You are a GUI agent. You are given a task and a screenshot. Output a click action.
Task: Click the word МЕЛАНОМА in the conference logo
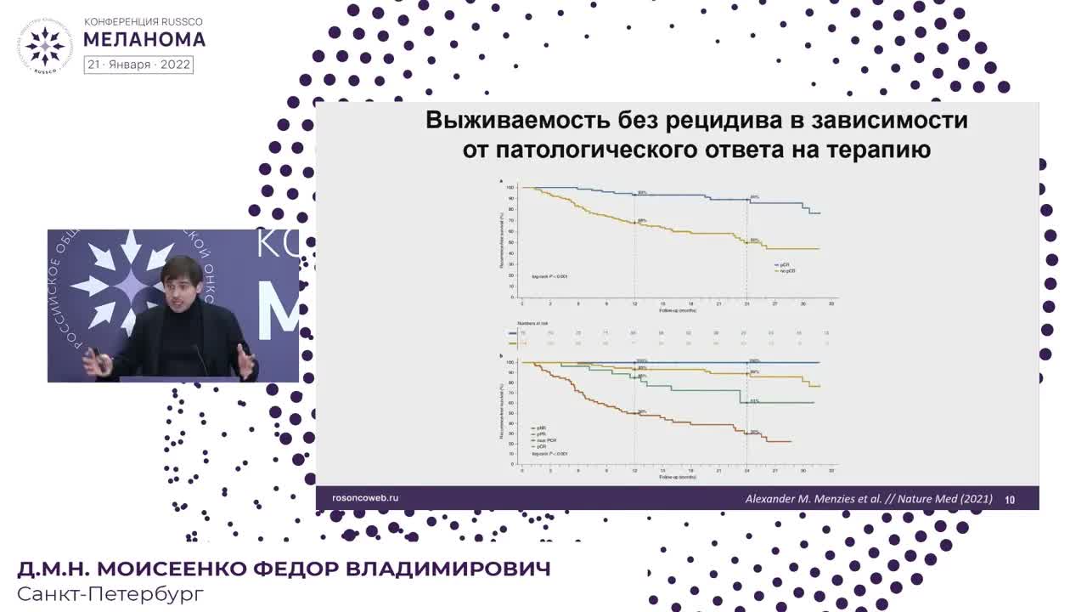(x=144, y=39)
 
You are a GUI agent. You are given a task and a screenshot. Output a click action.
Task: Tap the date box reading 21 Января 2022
(x=138, y=65)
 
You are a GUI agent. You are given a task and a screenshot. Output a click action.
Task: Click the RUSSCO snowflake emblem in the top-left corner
(x=44, y=43)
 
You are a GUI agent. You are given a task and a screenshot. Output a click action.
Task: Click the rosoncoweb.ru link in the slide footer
(x=364, y=498)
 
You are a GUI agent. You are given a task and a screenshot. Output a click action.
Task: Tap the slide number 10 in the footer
(x=1010, y=500)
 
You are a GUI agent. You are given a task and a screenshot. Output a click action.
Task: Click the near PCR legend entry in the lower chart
(x=544, y=440)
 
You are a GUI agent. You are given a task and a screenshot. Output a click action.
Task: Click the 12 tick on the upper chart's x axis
(x=634, y=303)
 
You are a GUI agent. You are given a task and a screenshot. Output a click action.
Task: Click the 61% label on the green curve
(x=754, y=400)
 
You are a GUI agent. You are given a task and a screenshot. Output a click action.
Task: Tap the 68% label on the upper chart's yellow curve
(x=642, y=221)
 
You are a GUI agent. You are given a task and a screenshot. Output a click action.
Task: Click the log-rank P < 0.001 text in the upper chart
(x=549, y=277)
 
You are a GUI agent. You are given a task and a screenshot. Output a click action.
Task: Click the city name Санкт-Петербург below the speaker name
(x=110, y=593)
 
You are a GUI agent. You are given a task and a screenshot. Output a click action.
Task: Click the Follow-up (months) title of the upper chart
(x=677, y=310)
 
